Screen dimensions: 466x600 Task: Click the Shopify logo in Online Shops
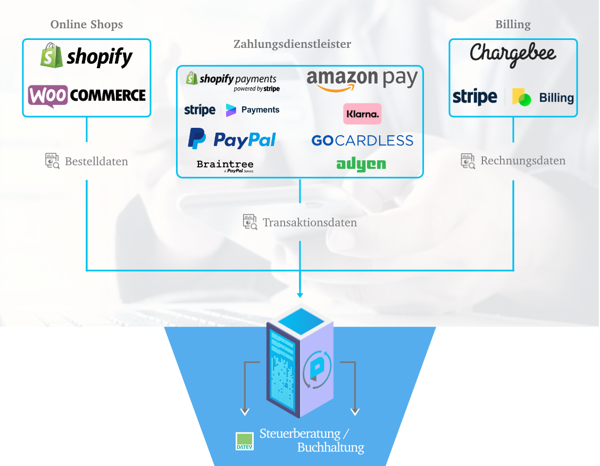pyautogui.click(x=87, y=56)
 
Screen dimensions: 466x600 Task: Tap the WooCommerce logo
pyautogui.click(x=87, y=95)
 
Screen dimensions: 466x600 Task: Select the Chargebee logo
pyautogui.click(x=513, y=54)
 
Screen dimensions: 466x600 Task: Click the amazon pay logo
pyautogui.click(x=362, y=80)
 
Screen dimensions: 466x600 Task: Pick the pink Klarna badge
pyautogui.click(x=362, y=113)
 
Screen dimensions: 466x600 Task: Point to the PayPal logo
pyautogui.click(x=232, y=139)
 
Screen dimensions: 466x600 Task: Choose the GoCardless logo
pyautogui.click(x=362, y=141)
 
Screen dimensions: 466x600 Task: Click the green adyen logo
pyautogui.click(x=361, y=164)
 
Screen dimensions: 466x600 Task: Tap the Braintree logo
pyautogui.click(x=225, y=166)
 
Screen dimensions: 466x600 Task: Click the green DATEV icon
pyautogui.click(x=245, y=441)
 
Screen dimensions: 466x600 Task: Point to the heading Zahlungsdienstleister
pyautogui.click(x=292, y=44)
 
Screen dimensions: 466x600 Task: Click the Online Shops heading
pyautogui.click(x=87, y=24)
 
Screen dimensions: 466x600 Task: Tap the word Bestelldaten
pyautogui.click(x=96, y=161)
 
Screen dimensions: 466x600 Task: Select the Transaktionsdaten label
pyautogui.click(x=310, y=223)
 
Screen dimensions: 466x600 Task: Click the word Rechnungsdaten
pyautogui.click(x=523, y=161)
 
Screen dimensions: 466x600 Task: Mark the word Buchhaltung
pyautogui.click(x=330, y=447)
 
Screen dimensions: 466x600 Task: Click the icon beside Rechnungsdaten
pyautogui.click(x=468, y=161)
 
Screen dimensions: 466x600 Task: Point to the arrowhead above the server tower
pyautogui.click(x=300, y=295)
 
